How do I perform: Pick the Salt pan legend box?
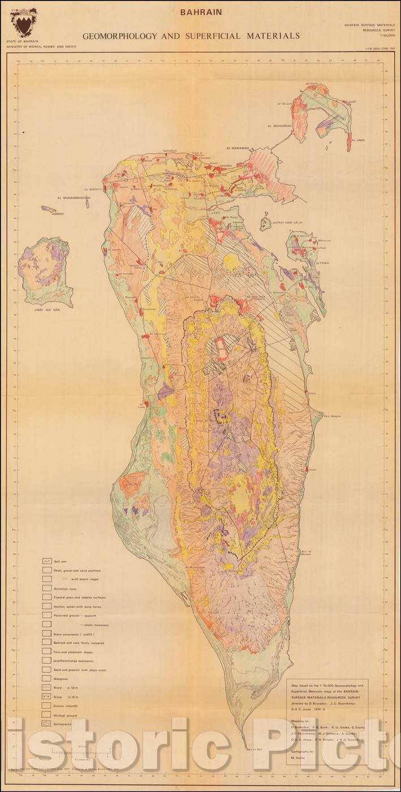click(48, 562)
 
